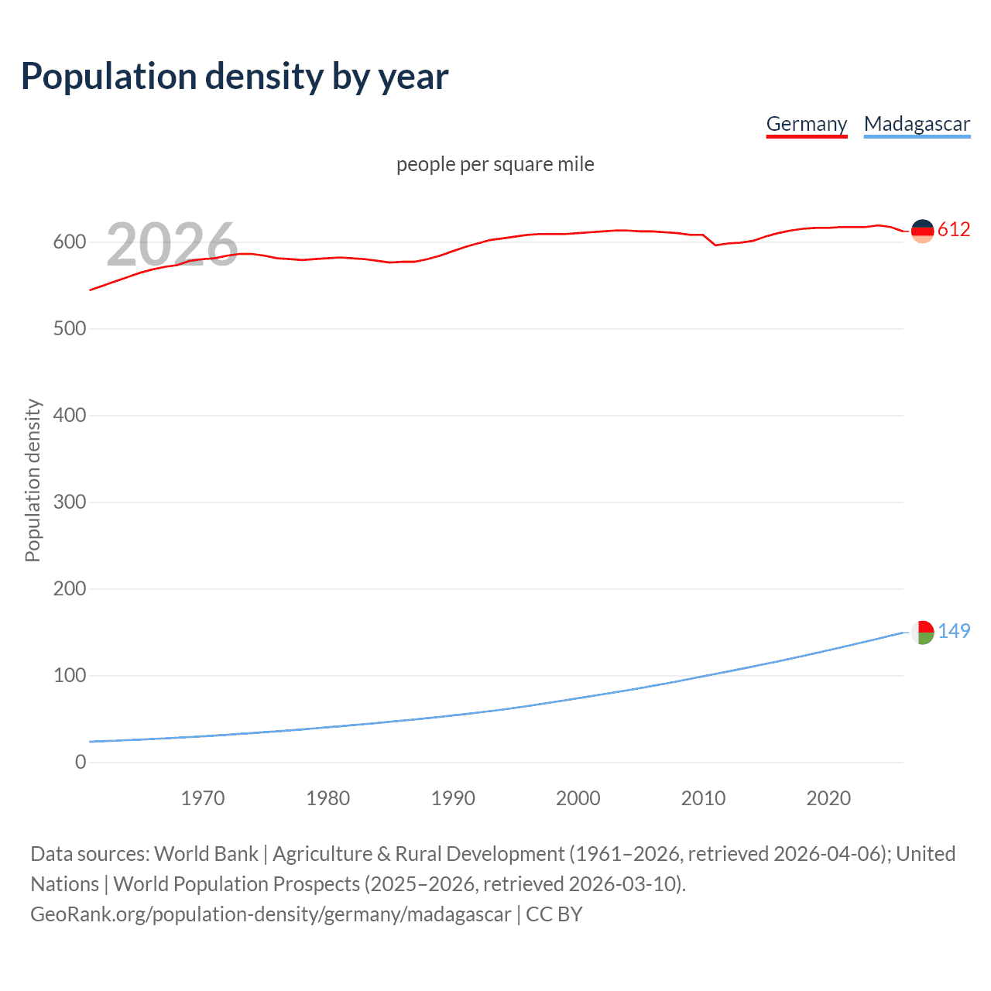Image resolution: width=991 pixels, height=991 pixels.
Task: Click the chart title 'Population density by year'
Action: click(235, 77)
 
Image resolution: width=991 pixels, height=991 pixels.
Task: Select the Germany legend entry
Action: click(806, 125)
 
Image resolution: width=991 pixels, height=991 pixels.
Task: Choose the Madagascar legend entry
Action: click(917, 125)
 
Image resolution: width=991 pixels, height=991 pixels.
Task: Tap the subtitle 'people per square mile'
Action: click(495, 165)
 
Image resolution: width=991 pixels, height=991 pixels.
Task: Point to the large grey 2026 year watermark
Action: click(172, 245)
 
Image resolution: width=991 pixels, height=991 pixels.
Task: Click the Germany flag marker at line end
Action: click(922, 231)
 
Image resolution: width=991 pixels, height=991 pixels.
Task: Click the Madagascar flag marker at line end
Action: click(922, 632)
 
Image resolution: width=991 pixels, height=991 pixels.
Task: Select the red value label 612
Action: click(954, 230)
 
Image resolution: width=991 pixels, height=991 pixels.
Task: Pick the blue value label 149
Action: click(954, 632)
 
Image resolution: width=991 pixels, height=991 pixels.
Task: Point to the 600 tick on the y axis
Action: click(70, 242)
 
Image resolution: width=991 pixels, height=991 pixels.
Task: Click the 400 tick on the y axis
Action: click(70, 416)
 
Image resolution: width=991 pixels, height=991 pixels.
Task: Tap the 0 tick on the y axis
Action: click(81, 763)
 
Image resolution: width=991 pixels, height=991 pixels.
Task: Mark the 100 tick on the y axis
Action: click(70, 676)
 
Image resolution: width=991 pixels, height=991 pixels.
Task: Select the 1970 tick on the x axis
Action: click(203, 798)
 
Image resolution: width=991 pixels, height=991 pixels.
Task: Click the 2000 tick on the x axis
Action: click(578, 798)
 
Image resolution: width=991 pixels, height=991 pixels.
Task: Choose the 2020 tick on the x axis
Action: click(828, 798)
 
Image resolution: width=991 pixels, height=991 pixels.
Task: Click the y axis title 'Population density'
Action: click(33, 480)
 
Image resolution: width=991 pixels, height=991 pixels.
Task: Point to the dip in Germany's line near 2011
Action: click(715, 245)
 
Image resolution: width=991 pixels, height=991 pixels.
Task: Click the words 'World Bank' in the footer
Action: click(206, 854)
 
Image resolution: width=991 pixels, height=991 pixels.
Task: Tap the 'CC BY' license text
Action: click(554, 914)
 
